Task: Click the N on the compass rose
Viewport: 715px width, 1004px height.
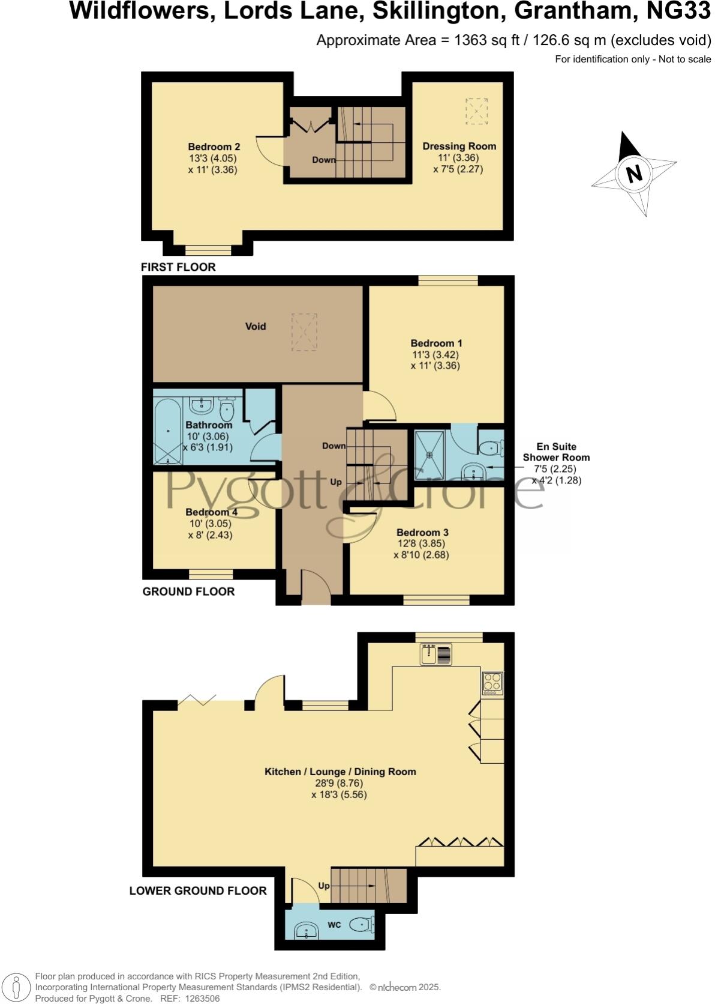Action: [634, 174]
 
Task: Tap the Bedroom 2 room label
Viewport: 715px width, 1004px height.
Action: [214, 147]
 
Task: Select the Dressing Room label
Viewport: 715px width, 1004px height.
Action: [459, 146]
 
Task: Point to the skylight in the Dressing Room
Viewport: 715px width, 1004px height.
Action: [476, 111]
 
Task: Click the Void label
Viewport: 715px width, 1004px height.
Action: [256, 327]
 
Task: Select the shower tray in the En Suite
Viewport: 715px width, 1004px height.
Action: [429, 455]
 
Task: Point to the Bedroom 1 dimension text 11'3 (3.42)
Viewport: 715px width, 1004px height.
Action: [436, 354]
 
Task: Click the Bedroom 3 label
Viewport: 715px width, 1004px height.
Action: [422, 533]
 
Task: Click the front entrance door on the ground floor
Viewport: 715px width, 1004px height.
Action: [316, 588]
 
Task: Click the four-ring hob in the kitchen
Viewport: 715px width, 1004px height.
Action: [492, 683]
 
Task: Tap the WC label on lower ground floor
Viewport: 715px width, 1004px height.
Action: [334, 925]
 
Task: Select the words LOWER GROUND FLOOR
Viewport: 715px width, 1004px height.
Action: [198, 891]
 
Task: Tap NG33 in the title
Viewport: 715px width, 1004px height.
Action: [677, 11]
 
